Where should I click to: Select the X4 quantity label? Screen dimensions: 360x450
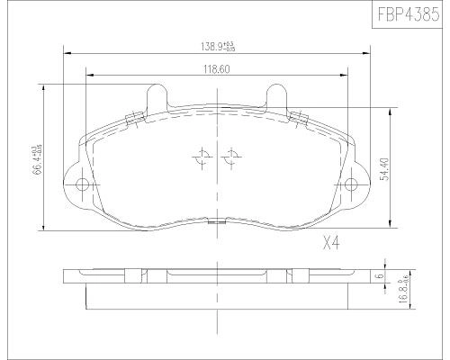(x=333, y=242)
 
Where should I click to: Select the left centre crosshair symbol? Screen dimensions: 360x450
(x=201, y=157)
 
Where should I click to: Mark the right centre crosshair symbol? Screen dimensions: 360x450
(x=231, y=157)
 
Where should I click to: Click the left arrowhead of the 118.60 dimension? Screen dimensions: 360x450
(x=87, y=75)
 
